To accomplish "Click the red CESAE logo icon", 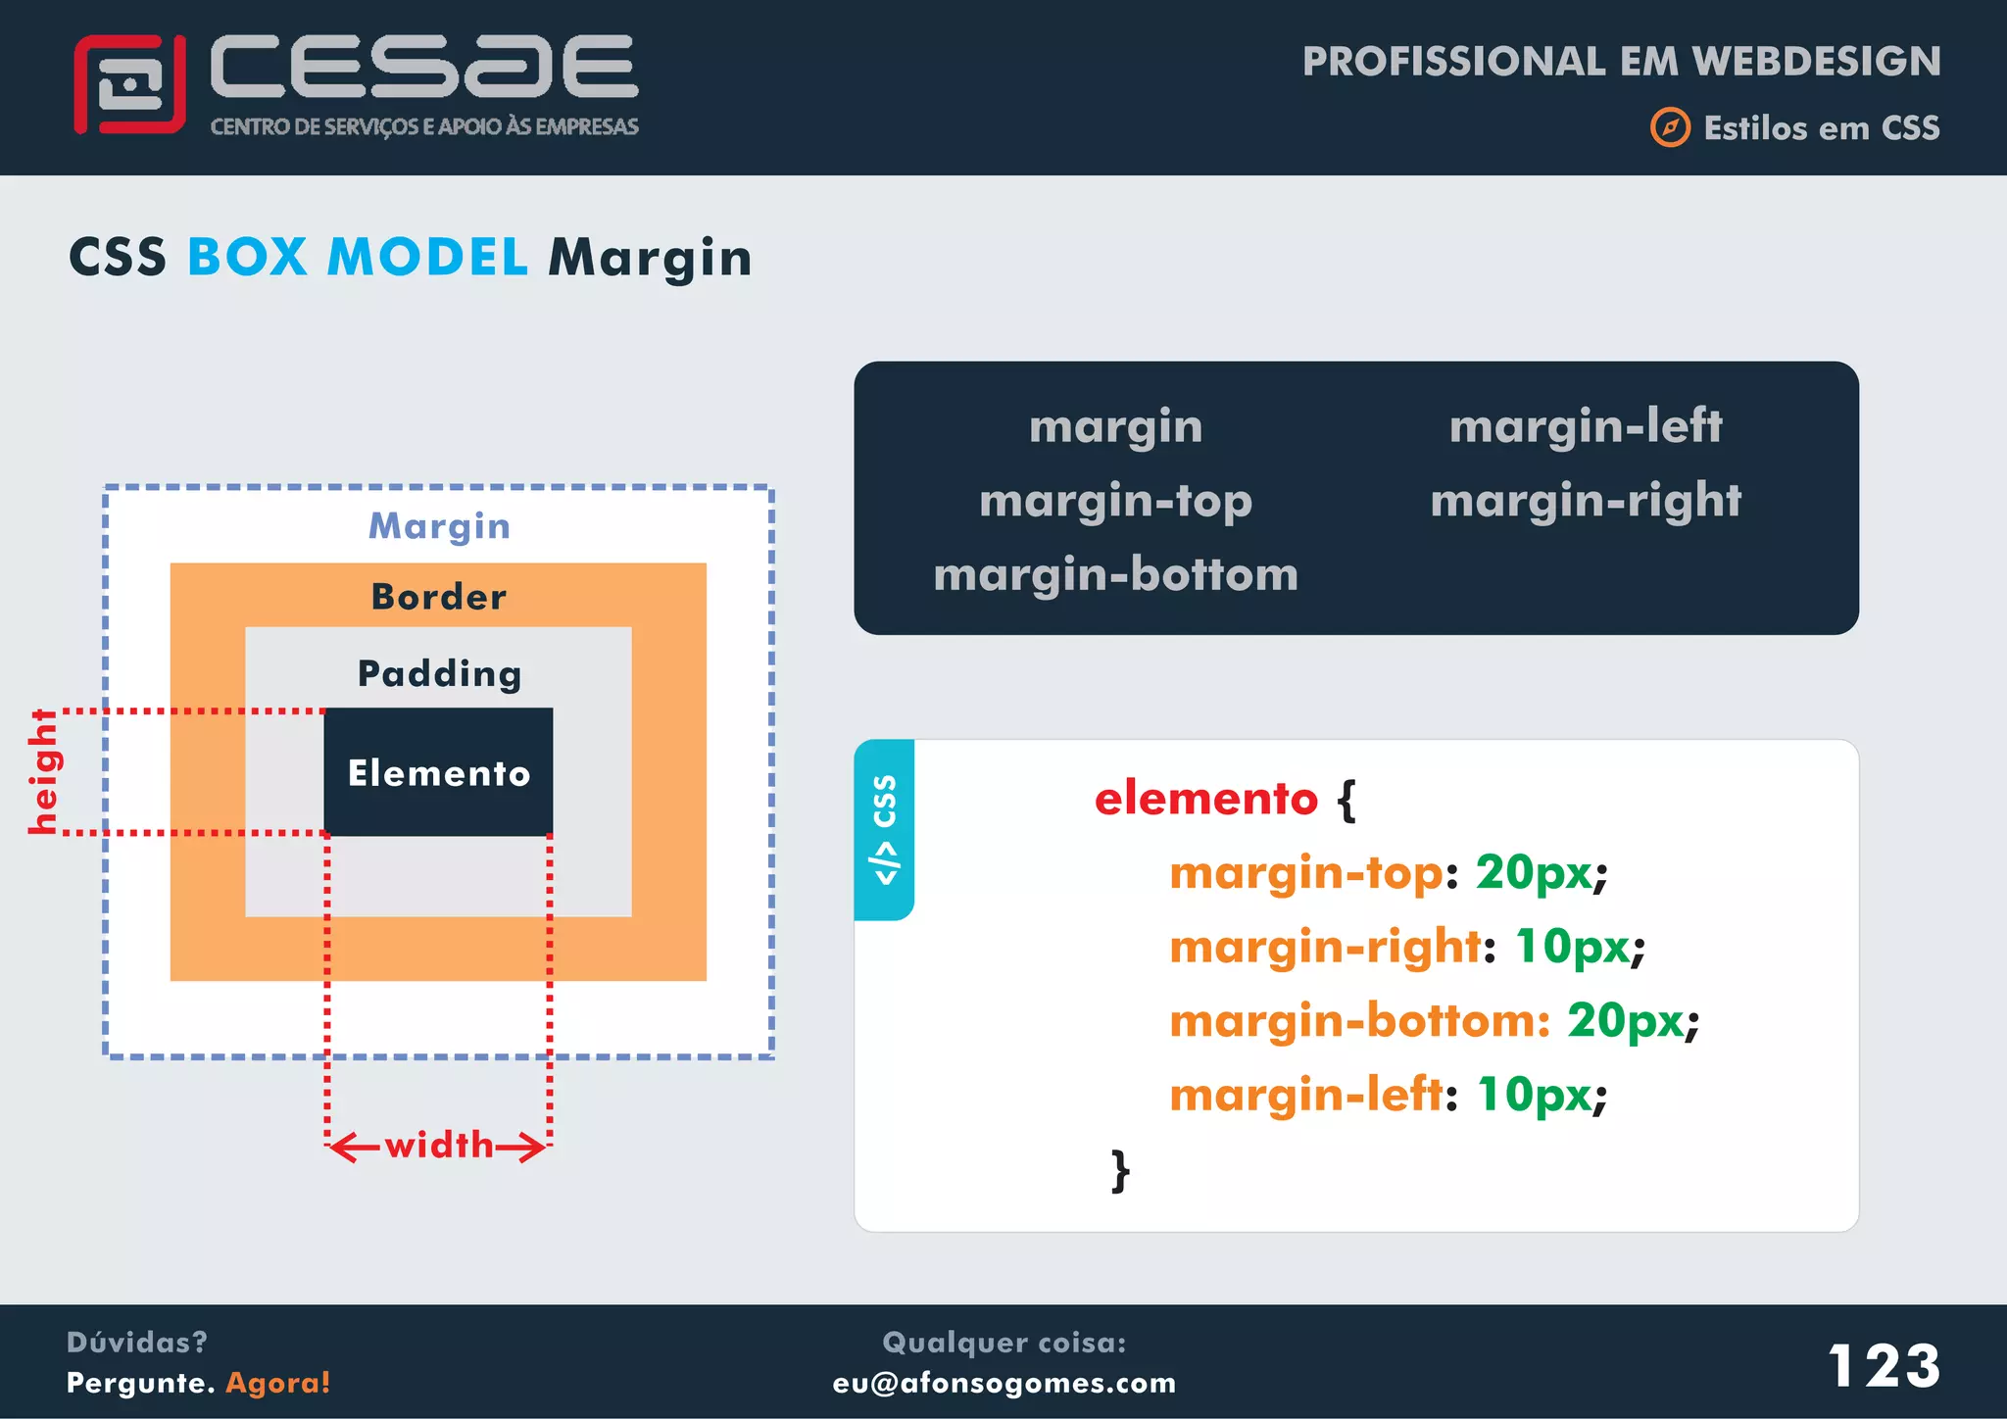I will click(129, 84).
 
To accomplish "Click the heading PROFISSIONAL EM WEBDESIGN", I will click(1621, 62).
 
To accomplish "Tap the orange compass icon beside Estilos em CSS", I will click(1670, 127).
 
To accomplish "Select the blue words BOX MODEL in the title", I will click(358, 258).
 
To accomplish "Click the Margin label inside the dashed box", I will click(439, 526).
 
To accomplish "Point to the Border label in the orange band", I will click(439, 597).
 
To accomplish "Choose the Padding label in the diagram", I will click(439, 673).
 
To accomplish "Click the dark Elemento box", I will click(438, 772).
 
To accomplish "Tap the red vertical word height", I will click(44, 772).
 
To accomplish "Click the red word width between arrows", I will click(439, 1145).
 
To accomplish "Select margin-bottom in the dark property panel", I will click(1115, 574).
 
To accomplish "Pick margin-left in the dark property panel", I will click(1585, 426).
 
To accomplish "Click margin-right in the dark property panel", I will click(1585, 501).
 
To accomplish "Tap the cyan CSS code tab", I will click(884, 829).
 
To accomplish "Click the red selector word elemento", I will click(1205, 799).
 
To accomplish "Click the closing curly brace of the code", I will click(1120, 1170).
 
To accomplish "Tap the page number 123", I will click(1884, 1365).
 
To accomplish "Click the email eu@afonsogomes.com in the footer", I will click(1003, 1383).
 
